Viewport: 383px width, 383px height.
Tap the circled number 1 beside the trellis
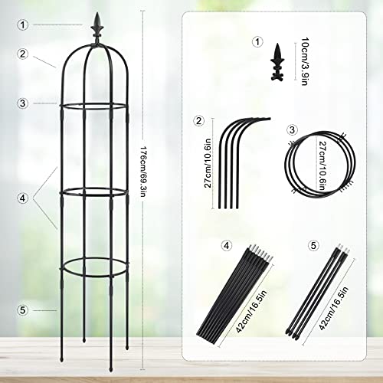pos(24,25)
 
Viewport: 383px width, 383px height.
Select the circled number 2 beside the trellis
pos(24,54)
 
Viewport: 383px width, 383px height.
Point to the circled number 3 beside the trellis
pos(24,102)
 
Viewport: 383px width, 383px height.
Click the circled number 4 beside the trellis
pos(24,197)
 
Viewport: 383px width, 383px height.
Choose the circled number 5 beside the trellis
pos(24,309)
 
